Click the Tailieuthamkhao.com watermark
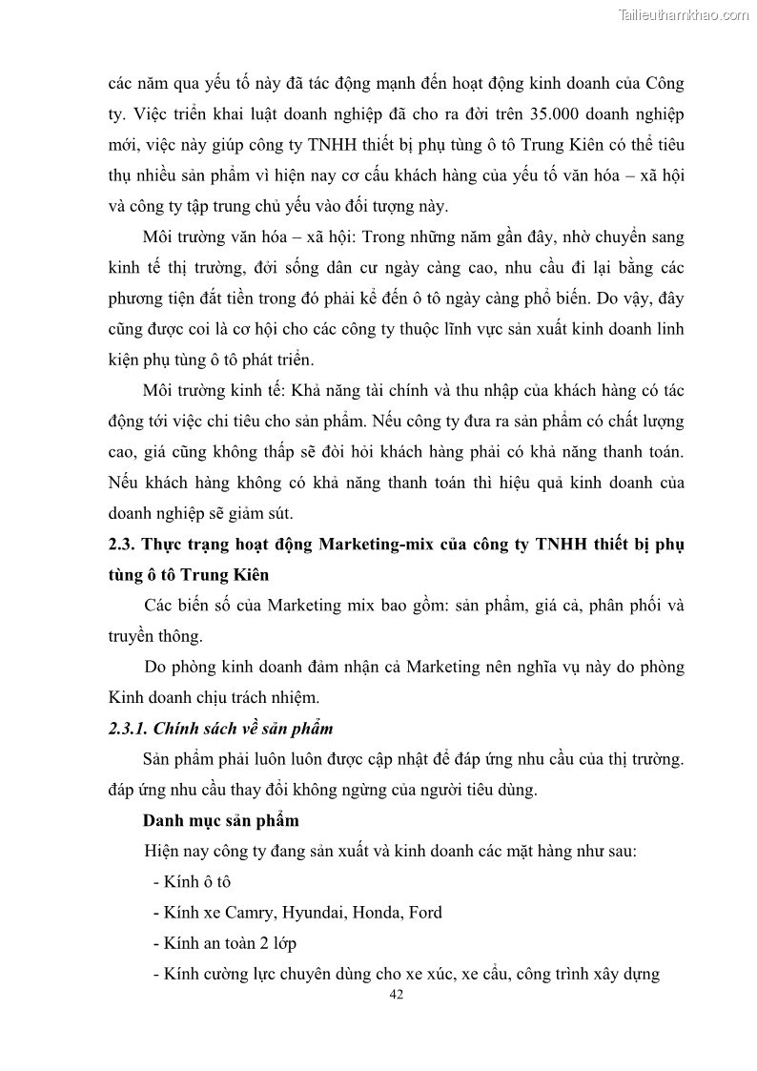684,14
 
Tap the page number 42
399,995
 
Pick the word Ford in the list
425,912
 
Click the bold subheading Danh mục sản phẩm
220,820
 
